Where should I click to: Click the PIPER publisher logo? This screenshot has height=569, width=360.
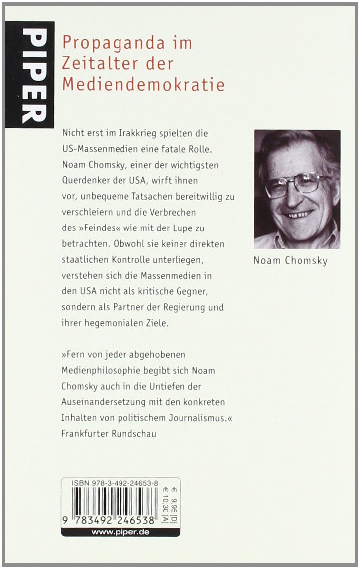[29, 74]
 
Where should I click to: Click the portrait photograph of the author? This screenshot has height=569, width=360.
[297, 189]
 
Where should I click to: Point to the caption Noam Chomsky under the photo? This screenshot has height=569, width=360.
[291, 261]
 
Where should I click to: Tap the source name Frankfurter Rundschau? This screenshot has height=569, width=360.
[109, 433]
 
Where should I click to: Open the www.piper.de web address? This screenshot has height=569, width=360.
[121, 532]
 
